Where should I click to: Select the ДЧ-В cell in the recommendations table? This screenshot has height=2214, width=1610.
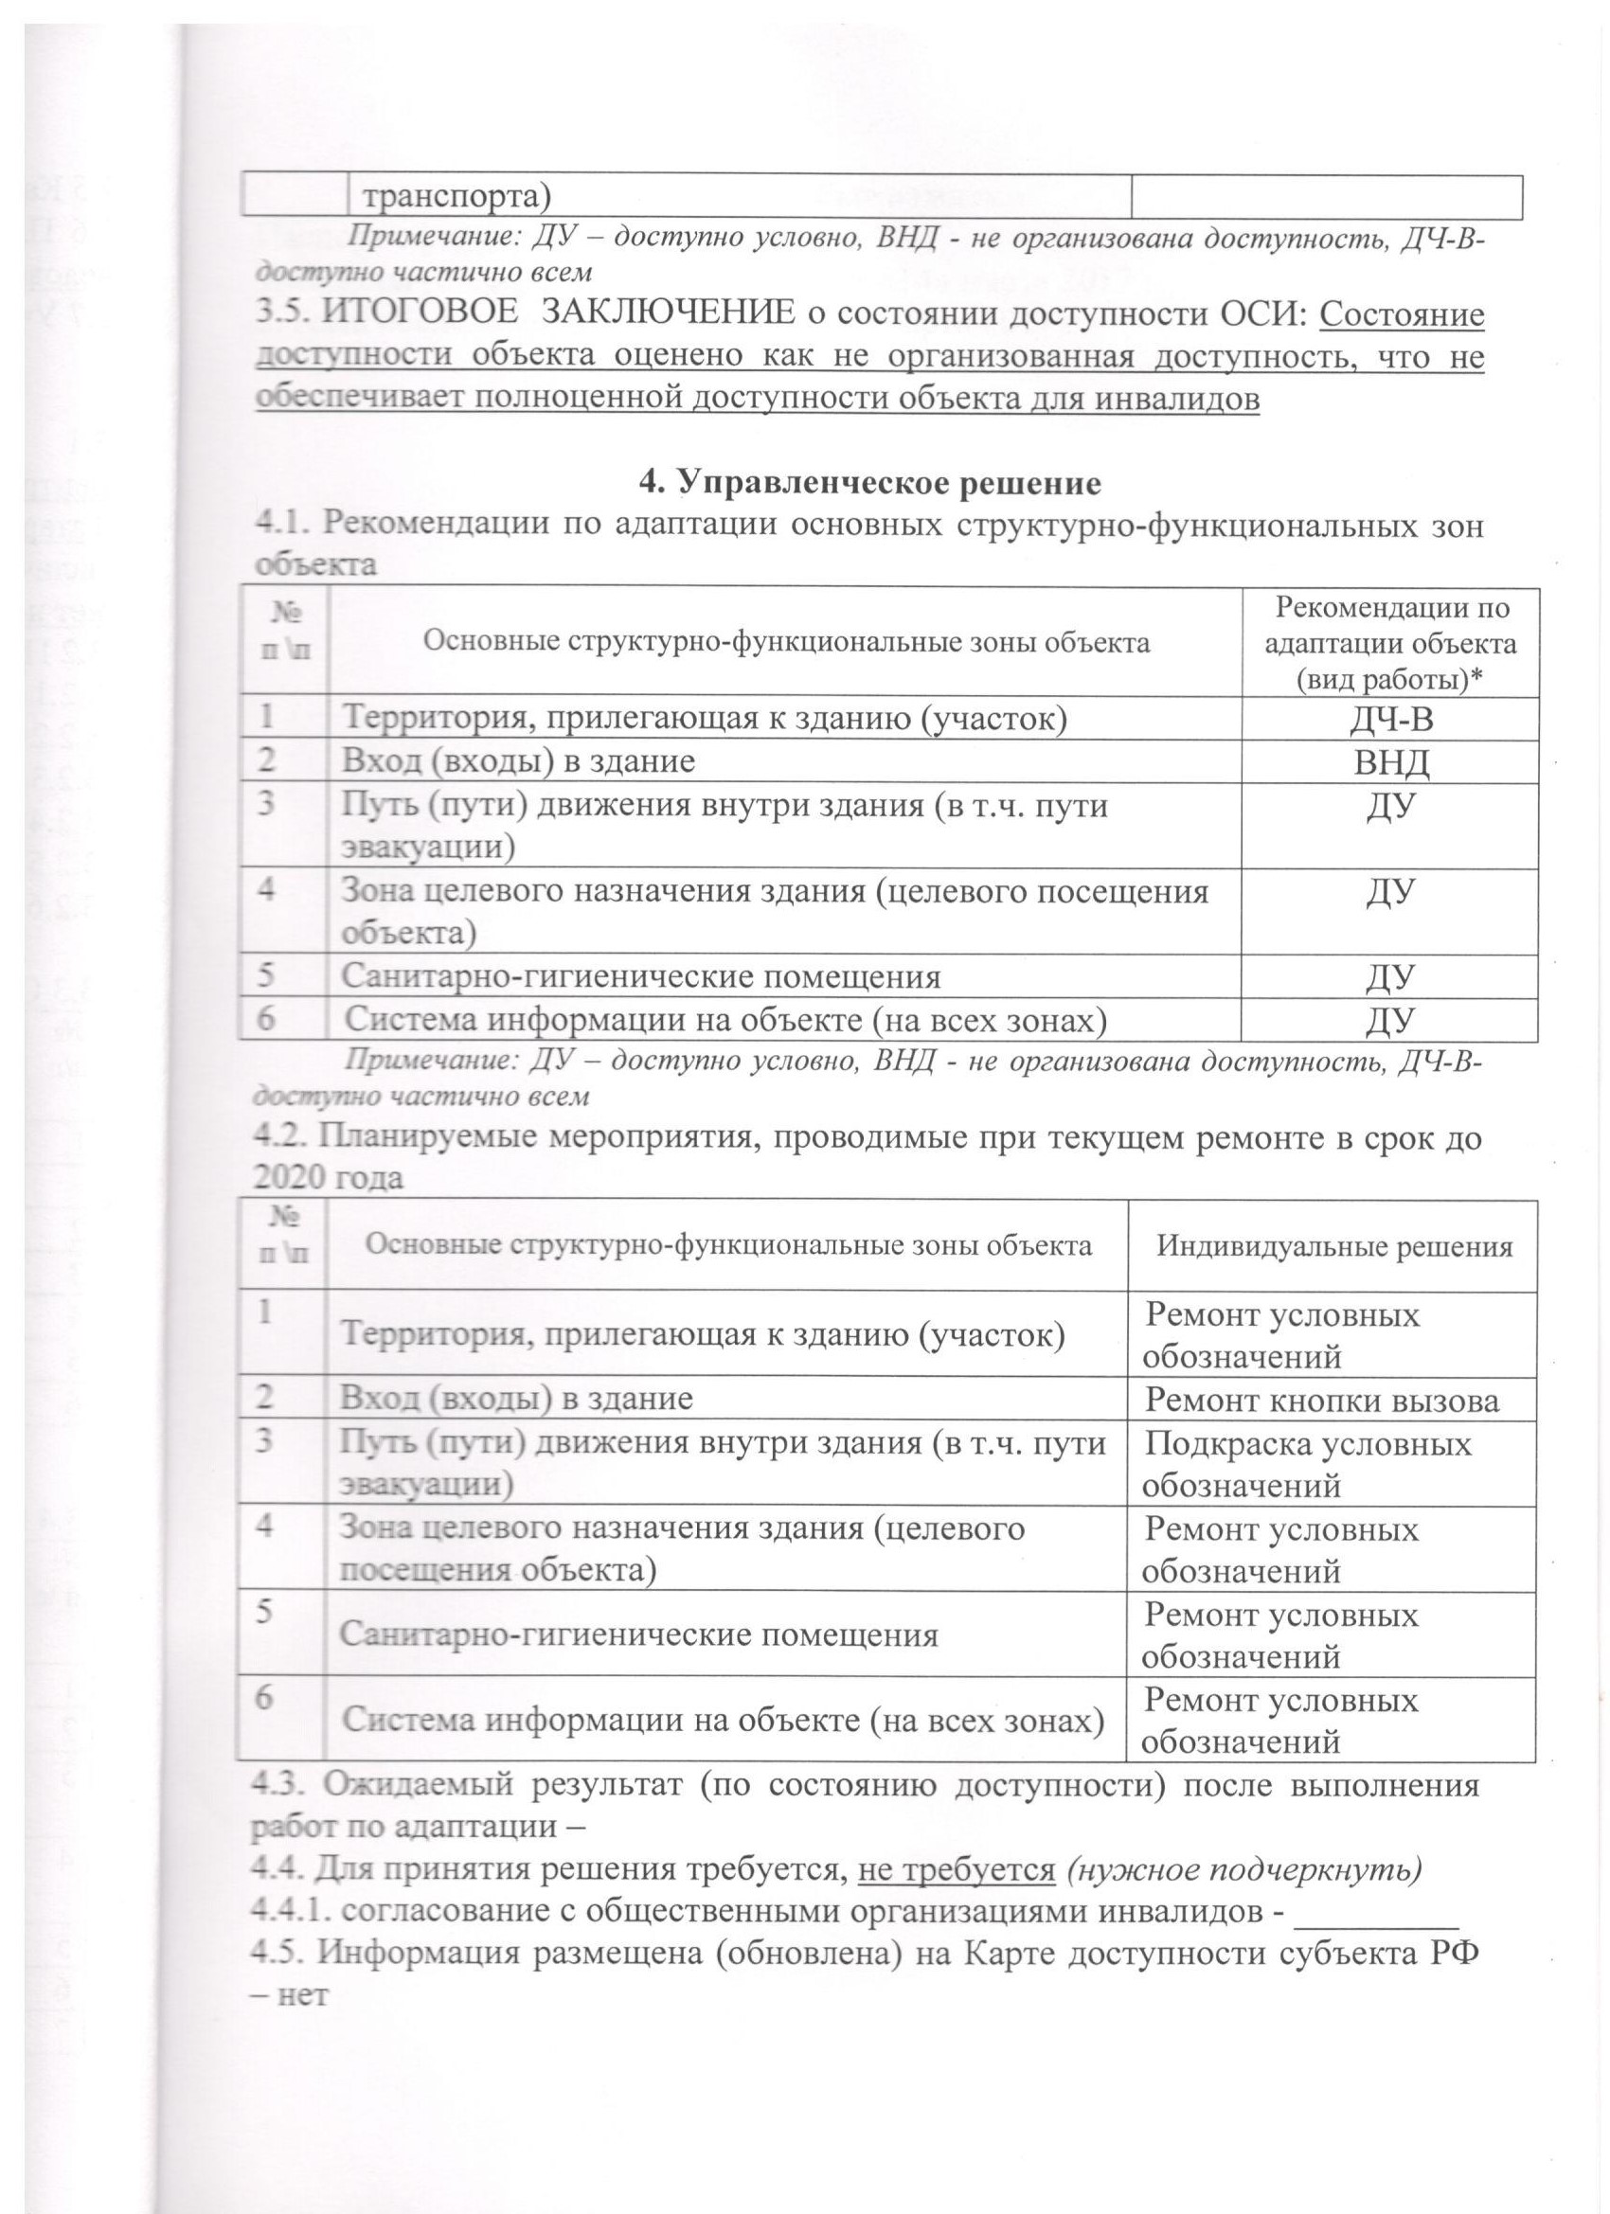tap(1391, 719)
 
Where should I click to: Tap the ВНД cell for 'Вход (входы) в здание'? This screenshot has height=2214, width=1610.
tap(1391, 762)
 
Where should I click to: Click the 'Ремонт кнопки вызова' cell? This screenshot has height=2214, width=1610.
tap(1321, 1401)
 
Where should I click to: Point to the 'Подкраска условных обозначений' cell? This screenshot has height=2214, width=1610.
tap(1306, 1464)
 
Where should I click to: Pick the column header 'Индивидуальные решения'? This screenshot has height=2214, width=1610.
tap(1333, 1246)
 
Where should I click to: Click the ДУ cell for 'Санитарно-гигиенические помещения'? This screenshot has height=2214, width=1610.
tap(1391, 977)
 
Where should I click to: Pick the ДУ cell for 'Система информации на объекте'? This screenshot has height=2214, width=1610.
tap(1391, 1021)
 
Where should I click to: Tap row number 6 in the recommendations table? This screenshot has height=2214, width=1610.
tap(266, 1019)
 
